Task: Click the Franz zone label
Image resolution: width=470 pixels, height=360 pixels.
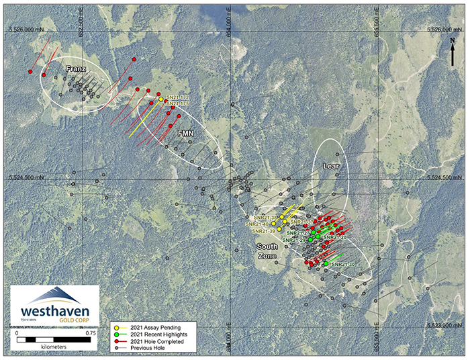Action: click(78, 69)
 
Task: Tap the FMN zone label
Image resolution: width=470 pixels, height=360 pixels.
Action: click(185, 134)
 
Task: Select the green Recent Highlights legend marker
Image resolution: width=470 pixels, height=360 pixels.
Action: click(116, 334)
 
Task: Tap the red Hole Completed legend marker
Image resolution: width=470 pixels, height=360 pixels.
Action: click(116, 341)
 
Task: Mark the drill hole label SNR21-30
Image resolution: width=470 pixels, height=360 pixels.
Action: click(343, 265)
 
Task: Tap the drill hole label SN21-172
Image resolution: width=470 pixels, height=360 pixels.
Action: click(177, 97)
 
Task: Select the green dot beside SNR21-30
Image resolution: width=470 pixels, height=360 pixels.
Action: click(326, 265)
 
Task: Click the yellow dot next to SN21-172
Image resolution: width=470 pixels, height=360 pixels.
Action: click(161, 99)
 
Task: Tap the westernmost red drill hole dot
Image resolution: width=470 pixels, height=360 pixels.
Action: click(31, 71)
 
